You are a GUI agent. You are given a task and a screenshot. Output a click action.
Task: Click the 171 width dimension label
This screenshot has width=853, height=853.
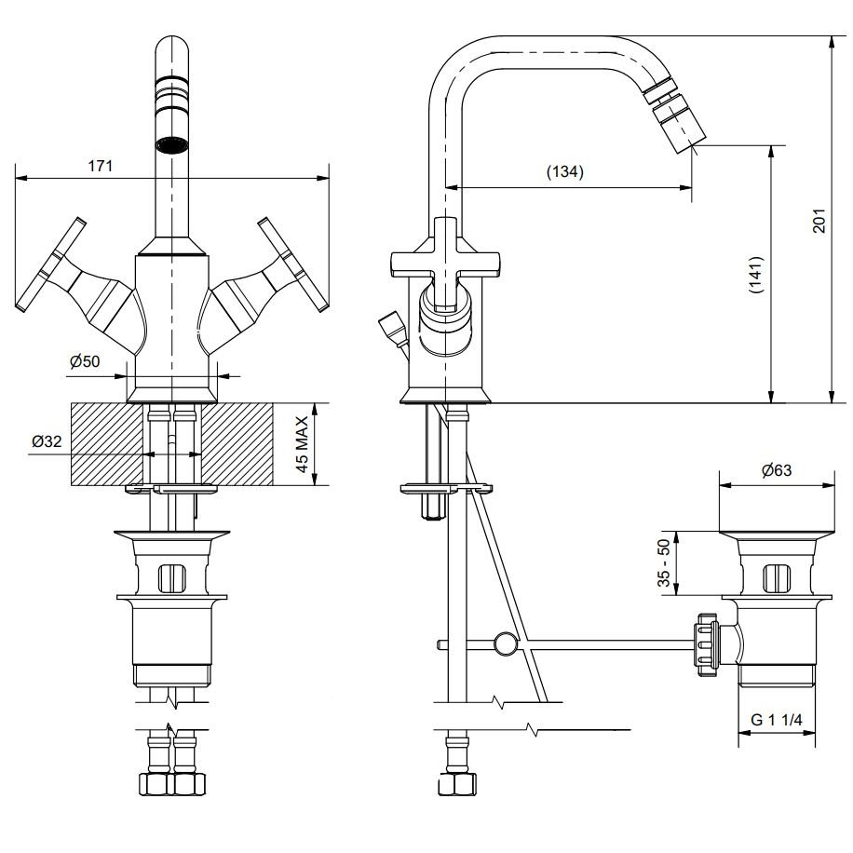click(101, 166)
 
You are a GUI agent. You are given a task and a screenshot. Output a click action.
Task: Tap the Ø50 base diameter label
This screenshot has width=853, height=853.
click(85, 361)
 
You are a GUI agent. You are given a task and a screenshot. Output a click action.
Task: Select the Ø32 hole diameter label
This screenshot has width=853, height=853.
click(47, 441)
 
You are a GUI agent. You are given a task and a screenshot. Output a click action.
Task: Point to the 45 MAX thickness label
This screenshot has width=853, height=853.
click(302, 444)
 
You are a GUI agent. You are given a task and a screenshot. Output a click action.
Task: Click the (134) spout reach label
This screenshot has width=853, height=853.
click(564, 171)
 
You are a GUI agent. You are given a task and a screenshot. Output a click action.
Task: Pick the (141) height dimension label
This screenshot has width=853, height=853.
click(756, 275)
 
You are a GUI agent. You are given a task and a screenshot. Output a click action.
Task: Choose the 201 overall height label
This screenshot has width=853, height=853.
click(819, 221)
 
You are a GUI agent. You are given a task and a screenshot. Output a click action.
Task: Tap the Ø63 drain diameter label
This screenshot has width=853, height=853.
click(777, 470)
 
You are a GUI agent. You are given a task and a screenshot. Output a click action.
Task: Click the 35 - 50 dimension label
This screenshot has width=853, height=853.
click(664, 563)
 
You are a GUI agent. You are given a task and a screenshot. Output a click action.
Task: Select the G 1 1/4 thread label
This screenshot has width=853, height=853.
click(777, 720)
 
